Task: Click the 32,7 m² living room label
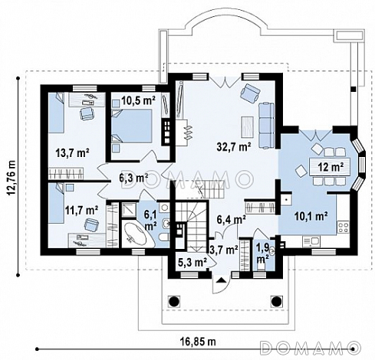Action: [234, 146]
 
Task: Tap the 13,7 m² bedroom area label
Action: [72, 153]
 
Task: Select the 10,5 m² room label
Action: [138, 101]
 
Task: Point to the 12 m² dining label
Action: [331, 167]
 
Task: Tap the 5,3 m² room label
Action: [192, 262]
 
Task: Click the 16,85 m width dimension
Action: [198, 342]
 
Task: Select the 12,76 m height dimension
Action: [12, 178]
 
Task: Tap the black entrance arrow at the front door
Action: [222, 280]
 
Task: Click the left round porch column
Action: [174, 301]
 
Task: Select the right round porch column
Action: [276, 301]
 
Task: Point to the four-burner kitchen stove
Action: [343, 227]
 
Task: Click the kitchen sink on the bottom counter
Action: [311, 241]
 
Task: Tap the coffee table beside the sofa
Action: [248, 127]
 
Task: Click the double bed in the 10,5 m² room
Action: [132, 126]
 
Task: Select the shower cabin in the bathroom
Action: [130, 210]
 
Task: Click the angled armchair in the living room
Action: [250, 93]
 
